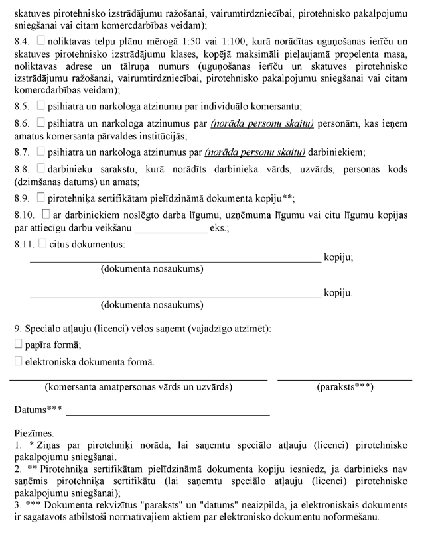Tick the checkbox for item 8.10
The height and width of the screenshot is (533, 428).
pos(46,215)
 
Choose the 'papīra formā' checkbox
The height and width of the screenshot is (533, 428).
pos(18,345)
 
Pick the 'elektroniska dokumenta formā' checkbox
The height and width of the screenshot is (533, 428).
pos(18,362)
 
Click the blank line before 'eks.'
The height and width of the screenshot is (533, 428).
pos(171,232)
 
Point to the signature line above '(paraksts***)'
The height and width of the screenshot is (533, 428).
pos(344,379)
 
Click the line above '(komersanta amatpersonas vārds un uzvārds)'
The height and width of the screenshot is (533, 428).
pos(138,379)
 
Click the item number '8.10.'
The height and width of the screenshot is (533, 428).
pos(25,215)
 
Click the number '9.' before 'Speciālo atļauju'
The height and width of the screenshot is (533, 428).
pos(17,329)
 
